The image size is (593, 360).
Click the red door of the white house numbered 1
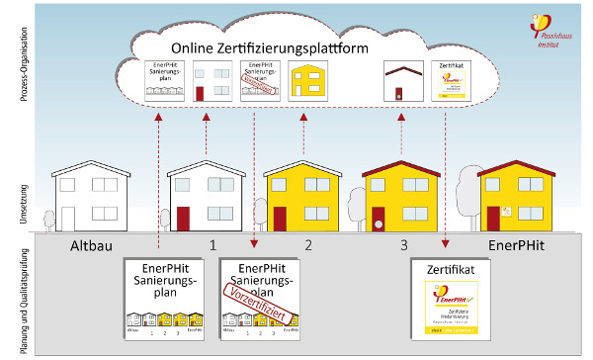(184, 217)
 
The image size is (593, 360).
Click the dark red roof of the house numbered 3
(399, 164)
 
